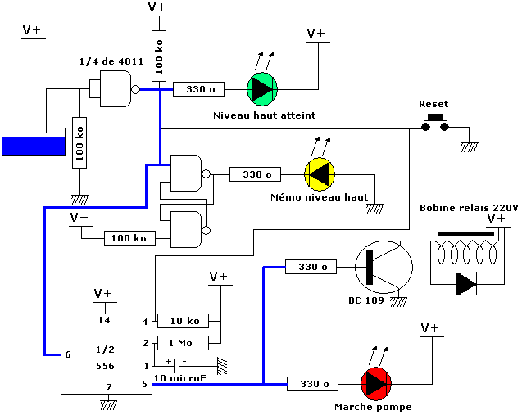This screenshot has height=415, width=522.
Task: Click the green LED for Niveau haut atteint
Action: (262, 89)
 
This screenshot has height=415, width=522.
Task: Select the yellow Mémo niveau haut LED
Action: (320, 174)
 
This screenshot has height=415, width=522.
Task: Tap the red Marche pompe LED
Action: (377, 383)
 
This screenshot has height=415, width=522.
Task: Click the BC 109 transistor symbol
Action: (381, 267)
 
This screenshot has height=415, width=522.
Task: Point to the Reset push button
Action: (433, 124)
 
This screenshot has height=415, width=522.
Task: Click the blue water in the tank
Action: (34, 146)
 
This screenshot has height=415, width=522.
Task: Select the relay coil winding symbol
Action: (465, 252)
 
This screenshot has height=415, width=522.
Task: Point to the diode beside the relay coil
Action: (465, 284)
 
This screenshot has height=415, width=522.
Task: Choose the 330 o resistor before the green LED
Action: (199, 89)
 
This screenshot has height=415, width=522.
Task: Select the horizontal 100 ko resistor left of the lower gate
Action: (129, 238)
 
